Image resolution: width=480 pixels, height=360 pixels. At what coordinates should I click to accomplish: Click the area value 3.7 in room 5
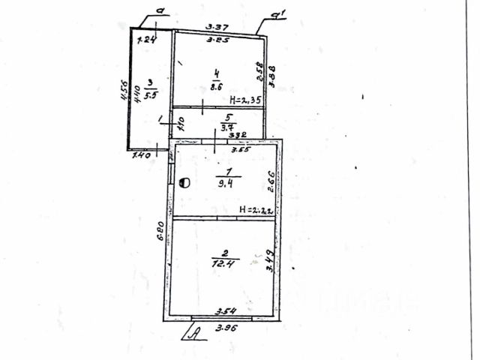click(224, 127)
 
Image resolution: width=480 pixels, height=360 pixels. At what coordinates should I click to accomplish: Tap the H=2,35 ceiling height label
click(245, 98)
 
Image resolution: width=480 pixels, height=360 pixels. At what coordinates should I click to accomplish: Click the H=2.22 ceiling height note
click(255, 209)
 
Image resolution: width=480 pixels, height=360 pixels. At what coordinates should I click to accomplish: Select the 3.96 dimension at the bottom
click(226, 328)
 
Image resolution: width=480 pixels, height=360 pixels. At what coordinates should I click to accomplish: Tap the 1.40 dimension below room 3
click(142, 156)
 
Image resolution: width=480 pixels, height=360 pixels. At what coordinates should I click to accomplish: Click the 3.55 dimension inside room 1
click(240, 149)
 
